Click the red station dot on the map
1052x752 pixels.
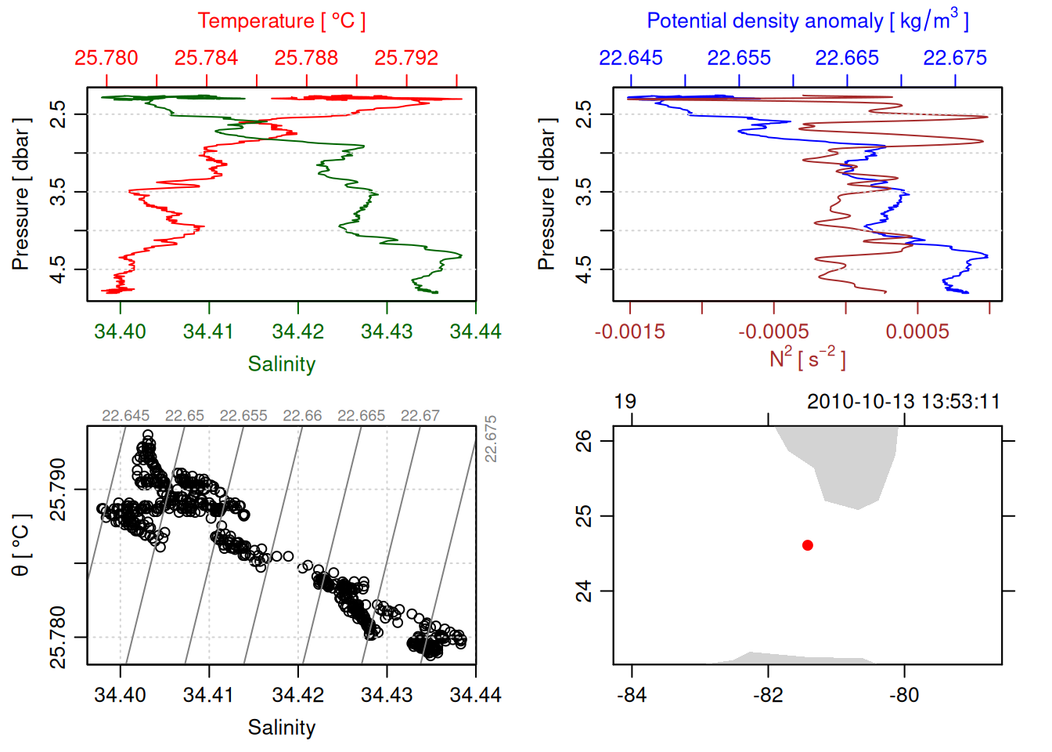[808, 545]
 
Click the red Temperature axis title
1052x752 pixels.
[281, 21]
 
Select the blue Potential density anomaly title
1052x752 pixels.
[807, 21]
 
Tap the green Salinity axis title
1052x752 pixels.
[282, 364]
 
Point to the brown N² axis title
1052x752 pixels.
[807, 359]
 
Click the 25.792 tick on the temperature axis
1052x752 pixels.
[406, 58]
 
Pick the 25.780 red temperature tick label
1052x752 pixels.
[106, 58]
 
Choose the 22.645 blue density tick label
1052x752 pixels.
[631, 58]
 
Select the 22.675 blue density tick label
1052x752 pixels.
[955, 58]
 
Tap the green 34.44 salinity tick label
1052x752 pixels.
[475, 331]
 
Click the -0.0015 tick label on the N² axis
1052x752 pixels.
[630, 331]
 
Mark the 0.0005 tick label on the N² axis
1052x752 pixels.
[917, 331]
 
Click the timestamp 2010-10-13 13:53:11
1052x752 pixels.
[903, 402]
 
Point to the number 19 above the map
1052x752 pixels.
[625, 402]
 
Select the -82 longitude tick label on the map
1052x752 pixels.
[768, 695]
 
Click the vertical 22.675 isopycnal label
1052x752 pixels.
[491, 439]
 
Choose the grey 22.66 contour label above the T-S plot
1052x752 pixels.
[302, 416]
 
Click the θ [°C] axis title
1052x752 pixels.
[21, 545]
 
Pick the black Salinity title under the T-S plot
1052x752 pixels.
[282, 728]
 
